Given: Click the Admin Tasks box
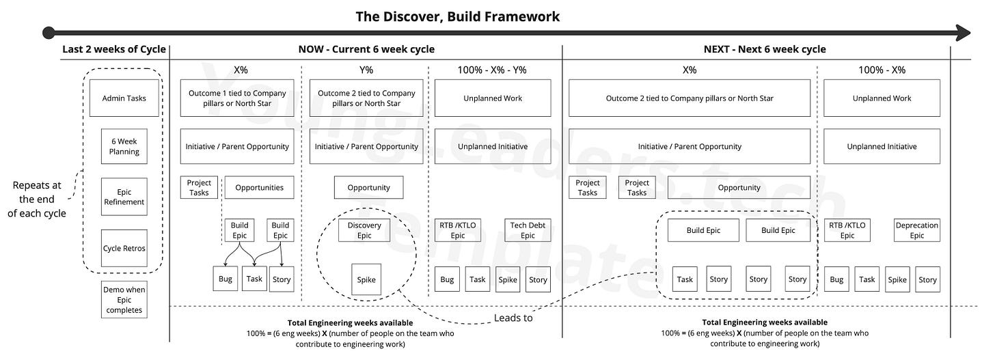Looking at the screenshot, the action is pyautogui.click(x=124, y=98).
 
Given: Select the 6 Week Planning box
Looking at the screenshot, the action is pyautogui.click(x=124, y=146).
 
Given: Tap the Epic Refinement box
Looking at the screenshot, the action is pyautogui.click(x=124, y=197).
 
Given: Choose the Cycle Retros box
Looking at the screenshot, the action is pyautogui.click(x=124, y=248).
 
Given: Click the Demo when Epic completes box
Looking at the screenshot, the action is pyautogui.click(x=124, y=300).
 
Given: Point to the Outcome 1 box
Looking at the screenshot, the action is pyautogui.click(x=236, y=98).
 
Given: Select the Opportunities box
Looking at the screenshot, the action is pyautogui.click(x=259, y=187).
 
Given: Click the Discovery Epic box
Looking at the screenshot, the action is pyautogui.click(x=364, y=230).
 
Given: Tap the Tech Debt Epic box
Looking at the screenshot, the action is pyautogui.click(x=528, y=230).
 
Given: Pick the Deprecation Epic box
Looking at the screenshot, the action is pyautogui.click(x=916, y=230).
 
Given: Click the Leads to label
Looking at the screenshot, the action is pyautogui.click(x=513, y=318).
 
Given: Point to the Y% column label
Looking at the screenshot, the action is pyautogui.click(x=366, y=70).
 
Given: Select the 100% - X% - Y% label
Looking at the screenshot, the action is pyautogui.click(x=492, y=70).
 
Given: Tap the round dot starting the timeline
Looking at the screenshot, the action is pyautogui.click(x=49, y=33).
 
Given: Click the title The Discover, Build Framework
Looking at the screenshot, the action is pyautogui.click(x=458, y=16).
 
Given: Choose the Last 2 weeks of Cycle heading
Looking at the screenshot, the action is pyautogui.click(x=113, y=49).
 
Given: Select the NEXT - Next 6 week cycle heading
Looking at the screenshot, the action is pyautogui.click(x=765, y=49).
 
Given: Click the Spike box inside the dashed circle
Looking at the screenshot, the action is pyautogui.click(x=366, y=279).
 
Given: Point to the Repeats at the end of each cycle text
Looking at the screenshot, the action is pyautogui.click(x=37, y=199).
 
